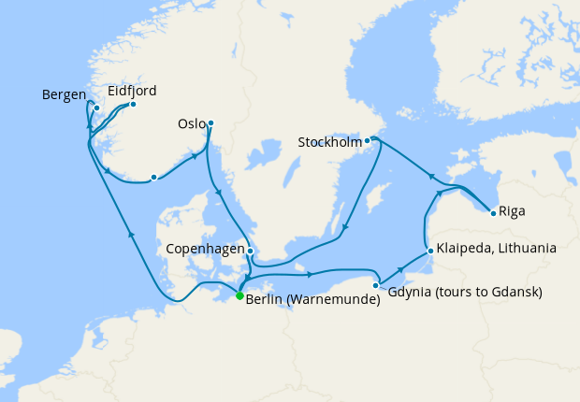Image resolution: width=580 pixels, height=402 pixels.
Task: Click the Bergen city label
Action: pos(64,94)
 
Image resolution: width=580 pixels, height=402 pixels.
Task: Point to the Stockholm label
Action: pos(328,143)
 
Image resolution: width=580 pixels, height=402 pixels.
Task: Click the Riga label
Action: pos(512,211)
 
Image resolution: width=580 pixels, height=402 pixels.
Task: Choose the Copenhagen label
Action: pos(205,251)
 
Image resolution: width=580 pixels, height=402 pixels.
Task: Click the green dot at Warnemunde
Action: pos(239,295)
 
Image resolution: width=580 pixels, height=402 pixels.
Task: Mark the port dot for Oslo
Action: pos(210,122)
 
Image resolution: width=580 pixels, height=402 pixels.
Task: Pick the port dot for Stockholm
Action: pos(368,141)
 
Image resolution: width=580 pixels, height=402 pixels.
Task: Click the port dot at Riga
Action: pos(493,213)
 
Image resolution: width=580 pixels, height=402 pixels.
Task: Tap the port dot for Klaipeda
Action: pos(428,251)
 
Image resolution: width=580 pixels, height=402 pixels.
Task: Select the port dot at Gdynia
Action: pos(376,285)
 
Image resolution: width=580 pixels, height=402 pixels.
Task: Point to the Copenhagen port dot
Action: pos(251,251)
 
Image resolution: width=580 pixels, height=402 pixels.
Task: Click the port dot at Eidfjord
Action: pos(133,104)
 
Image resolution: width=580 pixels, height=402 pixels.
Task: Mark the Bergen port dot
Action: pos(96,108)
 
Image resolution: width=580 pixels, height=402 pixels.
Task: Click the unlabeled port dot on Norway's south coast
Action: pos(153,177)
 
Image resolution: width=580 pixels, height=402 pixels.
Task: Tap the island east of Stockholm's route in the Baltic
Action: pos(378,198)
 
